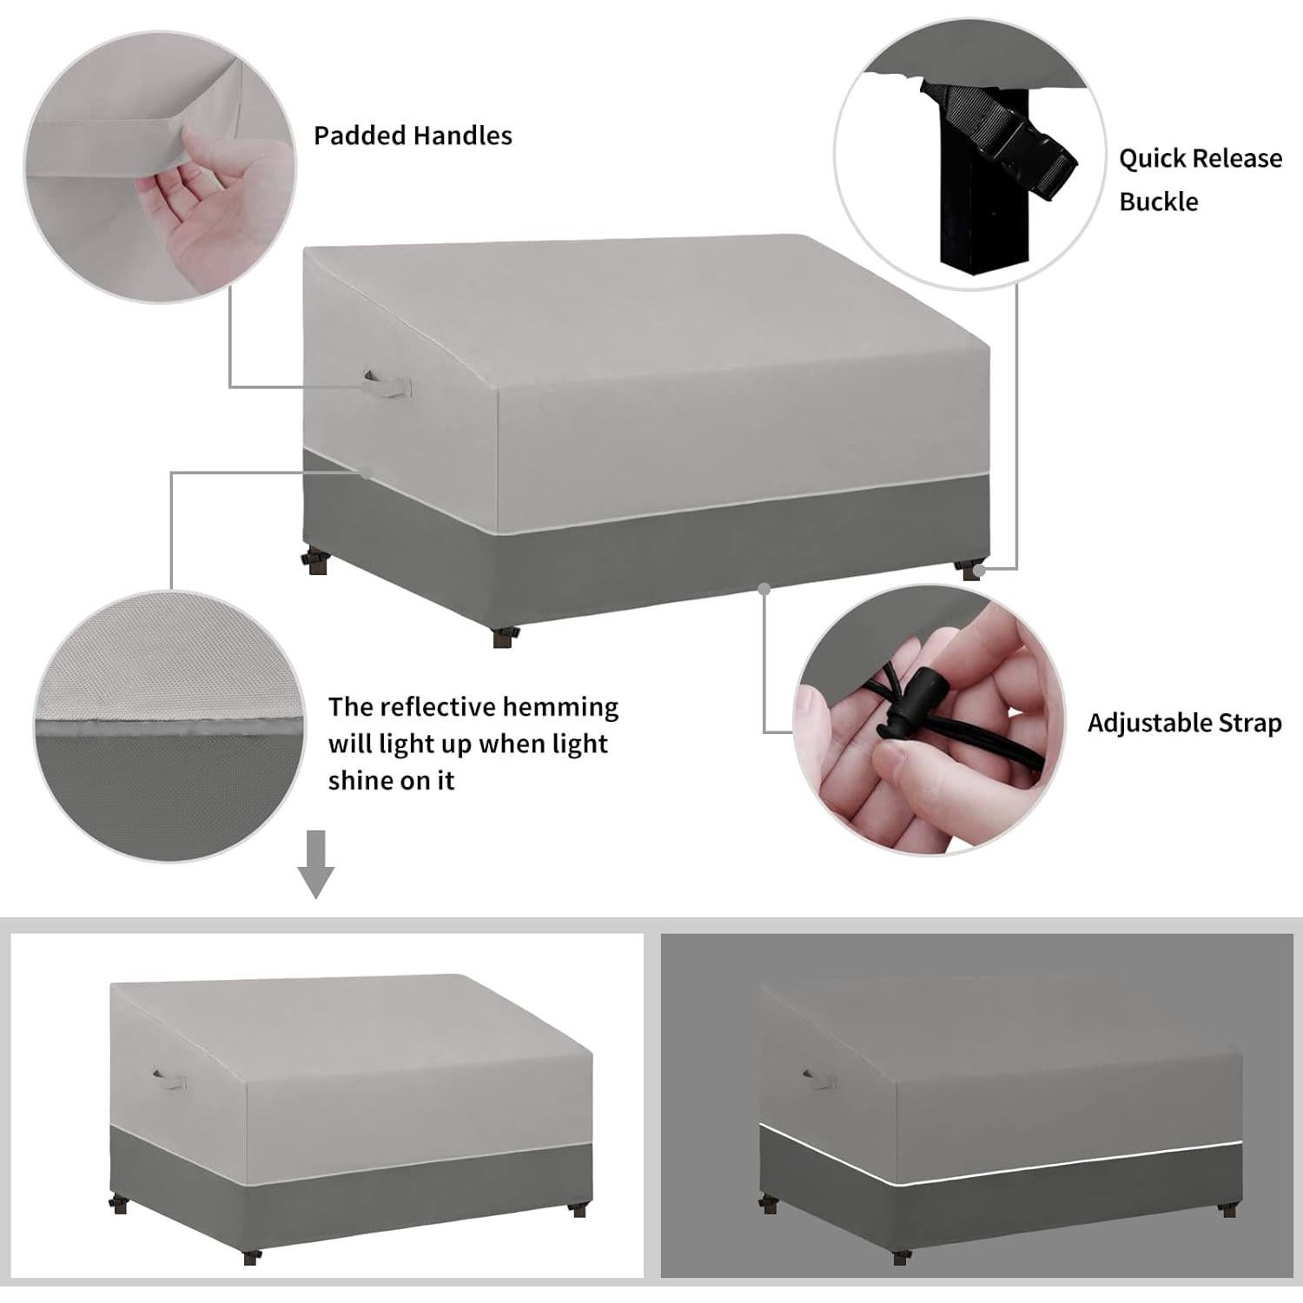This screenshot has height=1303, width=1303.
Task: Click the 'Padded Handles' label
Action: [413, 136]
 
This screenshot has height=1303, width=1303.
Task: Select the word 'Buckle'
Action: [1158, 202]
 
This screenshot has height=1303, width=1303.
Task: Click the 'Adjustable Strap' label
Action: [1184, 723]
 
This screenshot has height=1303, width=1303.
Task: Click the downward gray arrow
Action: [316, 863]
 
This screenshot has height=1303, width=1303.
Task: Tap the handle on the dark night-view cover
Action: [817, 1078]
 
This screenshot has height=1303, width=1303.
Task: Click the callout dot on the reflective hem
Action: [367, 473]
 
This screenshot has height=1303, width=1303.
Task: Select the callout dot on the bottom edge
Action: [764, 588]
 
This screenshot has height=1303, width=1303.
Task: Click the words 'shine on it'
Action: [391, 780]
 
